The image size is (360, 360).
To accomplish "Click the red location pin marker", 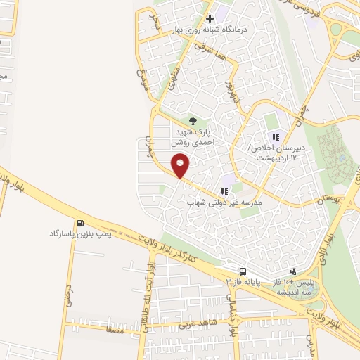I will pyautogui.click(x=181, y=165).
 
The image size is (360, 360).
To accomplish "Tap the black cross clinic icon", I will pyautogui.click(x=209, y=18).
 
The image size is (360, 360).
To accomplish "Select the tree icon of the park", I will pyautogui.click(x=193, y=120).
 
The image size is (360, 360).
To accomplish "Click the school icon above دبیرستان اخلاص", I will pyautogui.click(x=276, y=136).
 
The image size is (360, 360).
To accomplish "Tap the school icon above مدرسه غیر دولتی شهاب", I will pyautogui.click(x=224, y=191).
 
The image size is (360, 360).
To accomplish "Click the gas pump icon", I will pyautogui.click(x=79, y=221).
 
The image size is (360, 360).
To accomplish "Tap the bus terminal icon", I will pyautogui.click(x=243, y=271).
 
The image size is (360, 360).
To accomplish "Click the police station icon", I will pyautogui.click(x=293, y=271).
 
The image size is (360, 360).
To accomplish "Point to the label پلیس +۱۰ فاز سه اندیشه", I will pyautogui.click(x=293, y=285).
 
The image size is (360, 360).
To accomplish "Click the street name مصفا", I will pyautogui.click(x=115, y=328).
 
